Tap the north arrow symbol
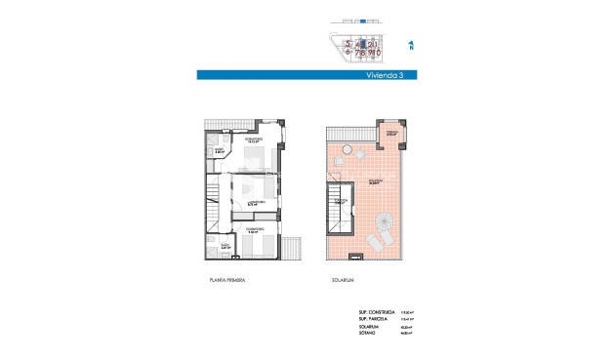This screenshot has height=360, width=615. coord(412,44)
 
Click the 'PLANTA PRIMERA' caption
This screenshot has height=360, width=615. coord(227,280)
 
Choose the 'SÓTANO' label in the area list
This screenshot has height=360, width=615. coord(367,333)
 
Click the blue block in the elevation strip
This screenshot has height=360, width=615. coord(362,20)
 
